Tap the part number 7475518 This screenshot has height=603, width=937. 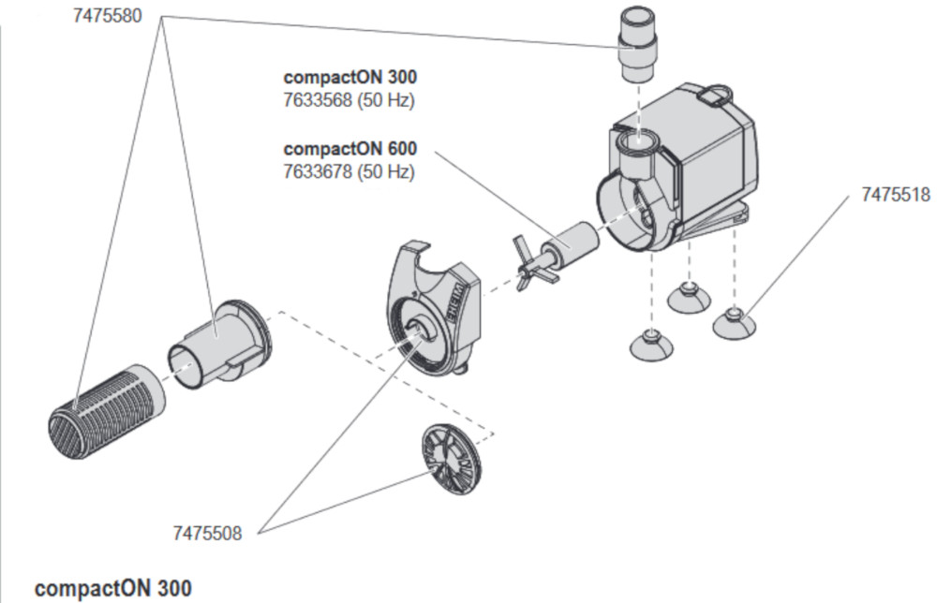click(895, 195)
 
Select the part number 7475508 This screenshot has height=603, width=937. click(207, 533)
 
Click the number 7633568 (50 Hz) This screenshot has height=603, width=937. click(349, 99)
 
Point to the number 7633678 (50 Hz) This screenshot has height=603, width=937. click(349, 171)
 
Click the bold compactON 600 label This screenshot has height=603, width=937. click(350, 149)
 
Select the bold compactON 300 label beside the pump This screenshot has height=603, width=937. click(350, 77)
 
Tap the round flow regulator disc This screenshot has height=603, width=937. click(447, 458)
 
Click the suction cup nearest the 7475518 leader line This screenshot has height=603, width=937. click(735, 322)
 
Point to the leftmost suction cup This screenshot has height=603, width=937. click(650, 345)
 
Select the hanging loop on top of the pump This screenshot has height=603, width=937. click(716, 94)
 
